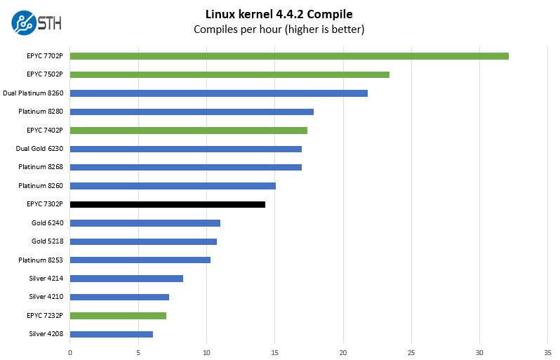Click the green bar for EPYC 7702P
289,55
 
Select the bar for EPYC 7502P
229,74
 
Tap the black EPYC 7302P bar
168,204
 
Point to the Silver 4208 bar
112,334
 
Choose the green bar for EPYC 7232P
118,316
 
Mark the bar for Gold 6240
145,223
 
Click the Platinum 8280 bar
192,112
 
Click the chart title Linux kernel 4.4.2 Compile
279,14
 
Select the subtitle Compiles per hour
279,29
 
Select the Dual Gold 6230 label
39,149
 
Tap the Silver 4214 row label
46,279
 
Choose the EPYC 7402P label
45,130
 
